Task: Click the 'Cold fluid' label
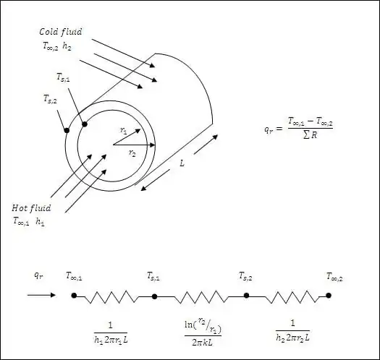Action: pyautogui.click(x=61, y=32)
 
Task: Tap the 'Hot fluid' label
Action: pyautogui.click(x=32, y=208)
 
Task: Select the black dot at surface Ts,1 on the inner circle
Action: pyautogui.click(x=85, y=124)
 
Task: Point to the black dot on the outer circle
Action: pyautogui.click(x=67, y=131)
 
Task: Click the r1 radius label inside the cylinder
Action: pyautogui.click(x=123, y=131)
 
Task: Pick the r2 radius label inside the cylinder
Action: pyautogui.click(x=132, y=153)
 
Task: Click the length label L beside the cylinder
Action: pyautogui.click(x=182, y=163)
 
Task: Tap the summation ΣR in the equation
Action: pyautogui.click(x=310, y=135)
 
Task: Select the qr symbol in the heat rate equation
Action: pyautogui.click(x=269, y=129)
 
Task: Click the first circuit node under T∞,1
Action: pyautogui.click(x=74, y=296)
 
